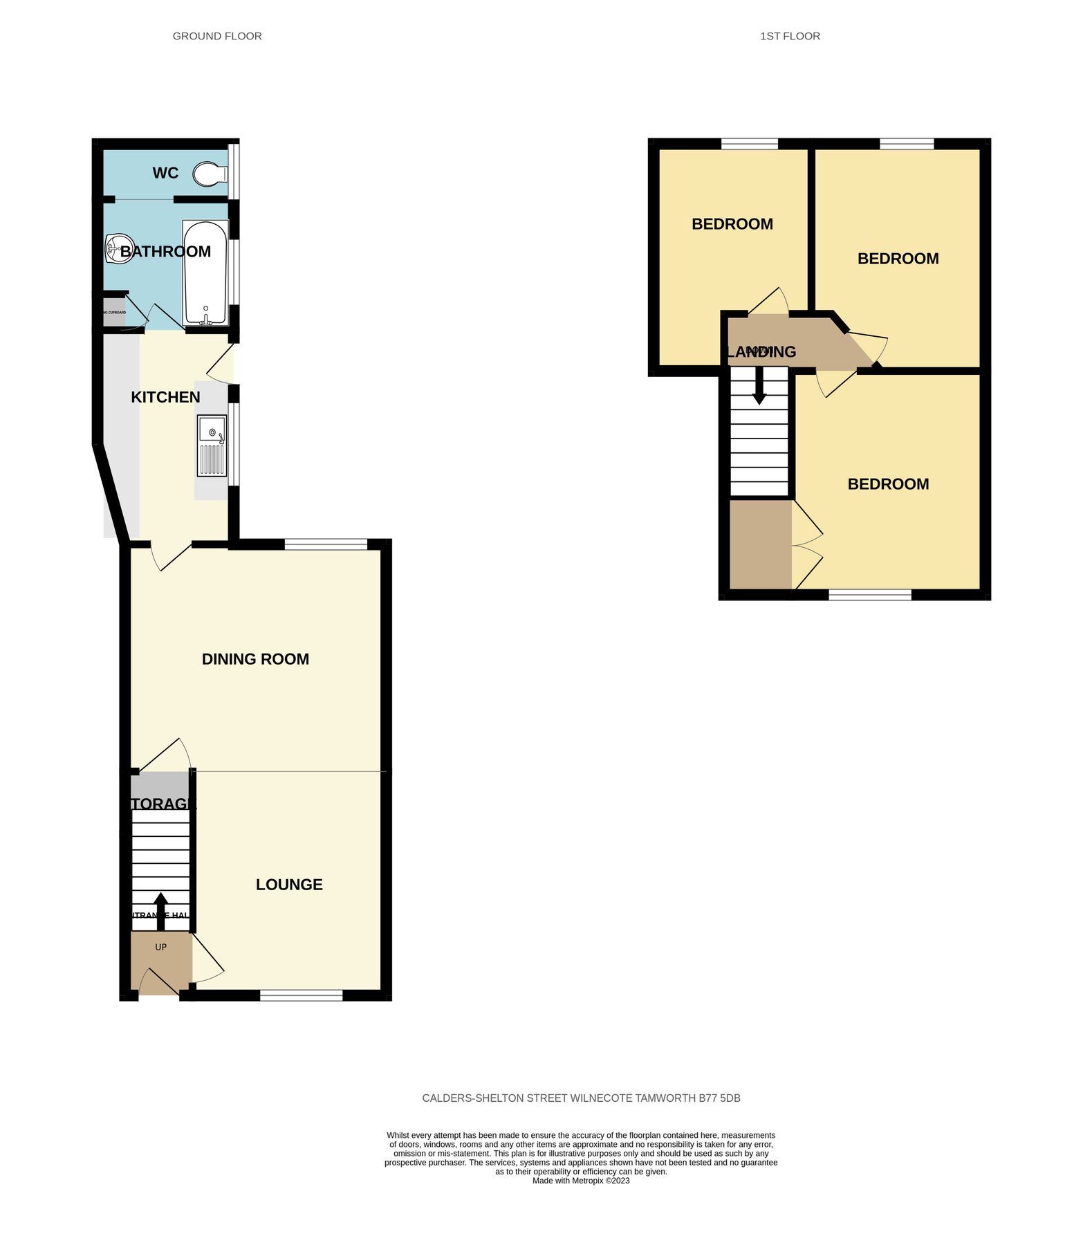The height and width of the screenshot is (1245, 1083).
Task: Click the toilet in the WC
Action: [x=210, y=174]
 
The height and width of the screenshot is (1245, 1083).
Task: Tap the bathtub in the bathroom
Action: [x=205, y=273]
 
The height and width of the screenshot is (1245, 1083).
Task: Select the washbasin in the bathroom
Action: [x=118, y=249]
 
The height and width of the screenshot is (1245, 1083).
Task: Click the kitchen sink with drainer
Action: [x=212, y=445]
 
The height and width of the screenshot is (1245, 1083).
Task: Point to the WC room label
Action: [x=165, y=173]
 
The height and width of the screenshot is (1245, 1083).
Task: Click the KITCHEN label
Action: [x=165, y=397]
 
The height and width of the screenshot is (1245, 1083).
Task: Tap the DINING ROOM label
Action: [x=255, y=659]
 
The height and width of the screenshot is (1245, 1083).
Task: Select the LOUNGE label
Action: [x=289, y=885]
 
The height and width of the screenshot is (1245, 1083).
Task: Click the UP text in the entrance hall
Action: [x=160, y=947]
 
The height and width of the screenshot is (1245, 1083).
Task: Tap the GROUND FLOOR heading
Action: [x=217, y=36]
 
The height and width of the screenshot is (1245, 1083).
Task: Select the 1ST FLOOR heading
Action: [x=790, y=36]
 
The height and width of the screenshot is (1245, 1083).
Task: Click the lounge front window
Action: [x=301, y=995]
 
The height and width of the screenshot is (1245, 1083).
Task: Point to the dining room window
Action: [x=326, y=545]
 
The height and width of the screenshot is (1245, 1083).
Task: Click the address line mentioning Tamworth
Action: [x=581, y=1098]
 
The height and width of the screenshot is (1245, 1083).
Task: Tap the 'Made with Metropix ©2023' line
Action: [x=581, y=1181]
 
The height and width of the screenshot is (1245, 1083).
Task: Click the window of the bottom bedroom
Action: [x=870, y=594]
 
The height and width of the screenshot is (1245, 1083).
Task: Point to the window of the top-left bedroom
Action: [x=750, y=144]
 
